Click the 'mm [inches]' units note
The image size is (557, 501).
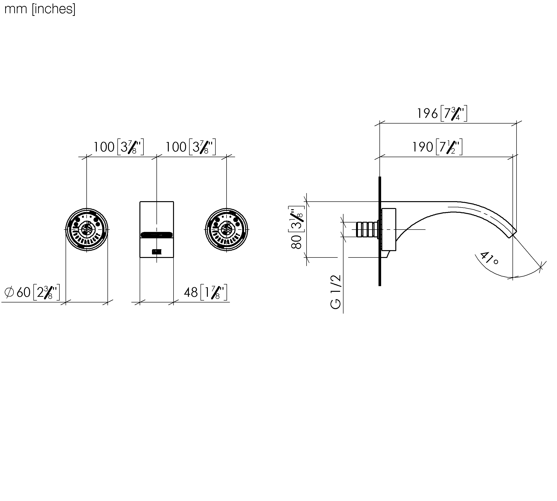tap(40, 9)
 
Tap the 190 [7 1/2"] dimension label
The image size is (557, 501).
tap(437, 147)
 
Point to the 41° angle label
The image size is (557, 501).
tap(489, 258)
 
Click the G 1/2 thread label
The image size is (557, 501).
tap(336, 292)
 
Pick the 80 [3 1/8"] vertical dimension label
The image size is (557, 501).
tap(297, 227)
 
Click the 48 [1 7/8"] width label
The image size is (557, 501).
tap(206, 292)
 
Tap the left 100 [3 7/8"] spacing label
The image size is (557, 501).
tap(119, 147)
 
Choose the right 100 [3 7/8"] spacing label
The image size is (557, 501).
tap(190, 147)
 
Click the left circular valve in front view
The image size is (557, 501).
tap(87, 230)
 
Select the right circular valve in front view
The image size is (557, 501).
tap(227, 230)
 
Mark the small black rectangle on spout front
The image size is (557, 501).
tap(157, 252)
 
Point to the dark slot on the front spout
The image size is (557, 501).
tap(157, 235)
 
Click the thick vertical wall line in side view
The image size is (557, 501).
tap(380, 231)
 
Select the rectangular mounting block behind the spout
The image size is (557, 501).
tap(388, 230)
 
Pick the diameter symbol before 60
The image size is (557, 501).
tap(9, 292)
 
